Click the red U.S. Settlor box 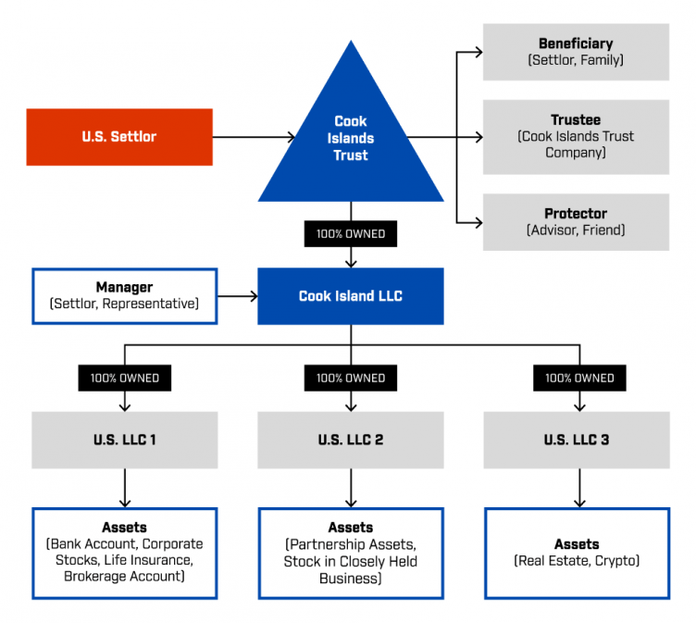coord(119,137)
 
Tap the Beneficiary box coord(576,52)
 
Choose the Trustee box coord(576,137)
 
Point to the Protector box coord(576,222)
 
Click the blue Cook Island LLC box coord(351,296)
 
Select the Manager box coord(125,296)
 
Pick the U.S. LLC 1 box coord(125,440)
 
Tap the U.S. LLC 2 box coord(351,440)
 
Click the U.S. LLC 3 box coord(576,440)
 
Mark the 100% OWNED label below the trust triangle coord(351,234)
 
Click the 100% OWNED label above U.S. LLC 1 coord(125,378)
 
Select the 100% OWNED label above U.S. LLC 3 coord(579,378)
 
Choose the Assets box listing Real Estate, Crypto coord(576,553)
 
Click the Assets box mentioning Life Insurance coord(125,553)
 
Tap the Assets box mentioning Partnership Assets coord(351,553)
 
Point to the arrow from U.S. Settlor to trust coord(254,138)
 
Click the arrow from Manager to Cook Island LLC coord(238,296)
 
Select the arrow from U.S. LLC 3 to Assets coord(579,487)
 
